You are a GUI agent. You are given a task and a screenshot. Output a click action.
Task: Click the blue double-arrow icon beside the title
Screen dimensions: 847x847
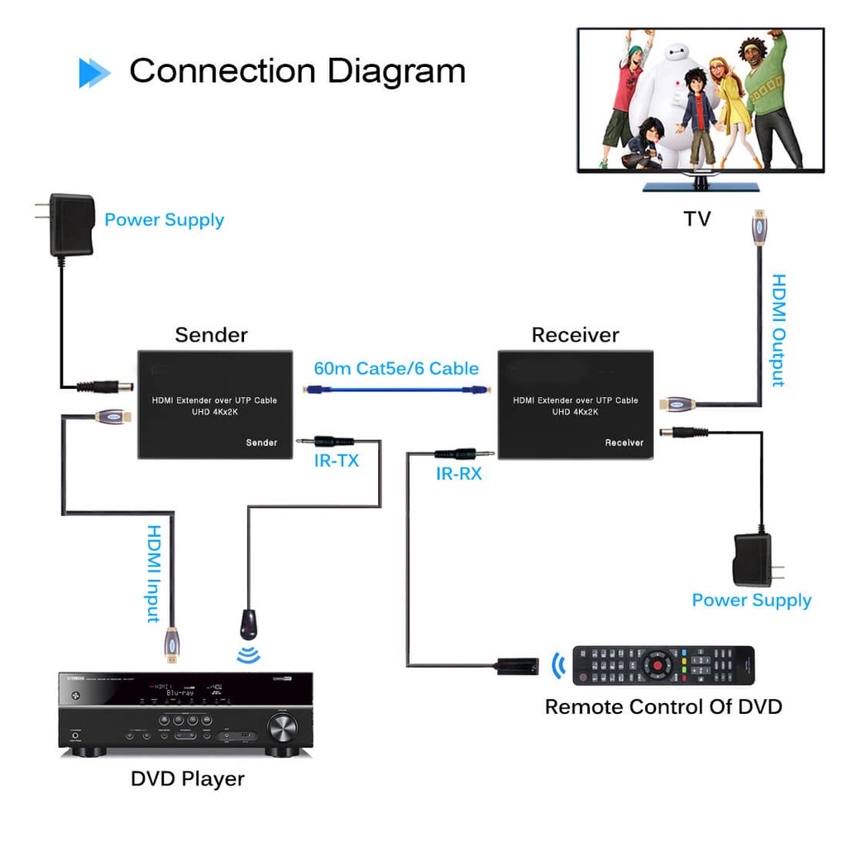tap(94, 73)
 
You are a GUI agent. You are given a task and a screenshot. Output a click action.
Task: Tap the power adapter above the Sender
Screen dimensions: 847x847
tap(71, 224)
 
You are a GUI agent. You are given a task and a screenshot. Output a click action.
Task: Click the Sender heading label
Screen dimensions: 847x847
tap(211, 335)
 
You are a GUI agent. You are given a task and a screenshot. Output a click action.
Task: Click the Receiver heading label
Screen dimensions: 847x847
tap(575, 335)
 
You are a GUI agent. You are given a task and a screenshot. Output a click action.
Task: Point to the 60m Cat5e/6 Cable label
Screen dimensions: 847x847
tap(396, 369)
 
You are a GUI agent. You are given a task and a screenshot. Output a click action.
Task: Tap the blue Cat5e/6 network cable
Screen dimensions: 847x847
tap(397, 390)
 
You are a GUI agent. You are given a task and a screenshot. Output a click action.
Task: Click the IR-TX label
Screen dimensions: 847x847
tap(337, 462)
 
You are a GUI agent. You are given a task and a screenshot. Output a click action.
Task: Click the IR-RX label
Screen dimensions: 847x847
tap(459, 475)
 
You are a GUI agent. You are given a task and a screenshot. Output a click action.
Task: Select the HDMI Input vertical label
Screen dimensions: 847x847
tap(154, 573)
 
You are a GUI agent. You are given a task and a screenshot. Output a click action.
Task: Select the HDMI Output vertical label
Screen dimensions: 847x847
tap(778, 331)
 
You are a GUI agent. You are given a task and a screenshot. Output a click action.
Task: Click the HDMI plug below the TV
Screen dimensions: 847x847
tap(757, 229)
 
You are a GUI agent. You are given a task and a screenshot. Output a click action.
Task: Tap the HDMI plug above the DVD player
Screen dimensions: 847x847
tap(172, 645)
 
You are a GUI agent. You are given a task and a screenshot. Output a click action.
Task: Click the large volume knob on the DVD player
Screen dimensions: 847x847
tap(281, 728)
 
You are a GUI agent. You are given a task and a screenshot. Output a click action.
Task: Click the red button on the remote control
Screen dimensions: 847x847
tap(658, 663)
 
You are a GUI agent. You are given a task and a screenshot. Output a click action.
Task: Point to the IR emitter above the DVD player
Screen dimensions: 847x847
tap(248, 624)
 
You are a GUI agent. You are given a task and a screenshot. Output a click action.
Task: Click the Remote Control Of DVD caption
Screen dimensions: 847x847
tap(663, 707)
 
